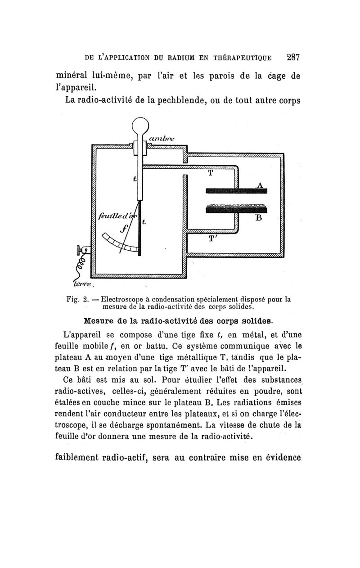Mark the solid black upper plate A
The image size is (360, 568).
[x=236, y=191]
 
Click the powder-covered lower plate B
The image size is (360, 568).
[x=236, y=208]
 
